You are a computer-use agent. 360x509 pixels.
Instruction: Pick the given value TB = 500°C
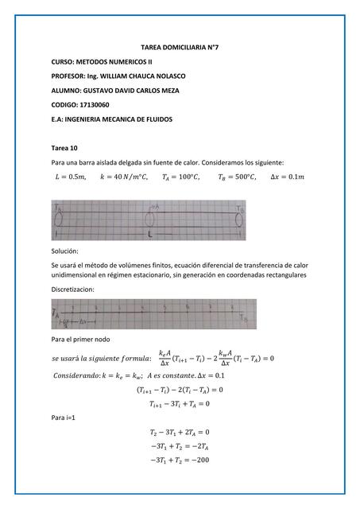[x=237, y=177]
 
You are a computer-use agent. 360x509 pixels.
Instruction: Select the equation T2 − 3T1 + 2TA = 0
[x=180, y=432]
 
